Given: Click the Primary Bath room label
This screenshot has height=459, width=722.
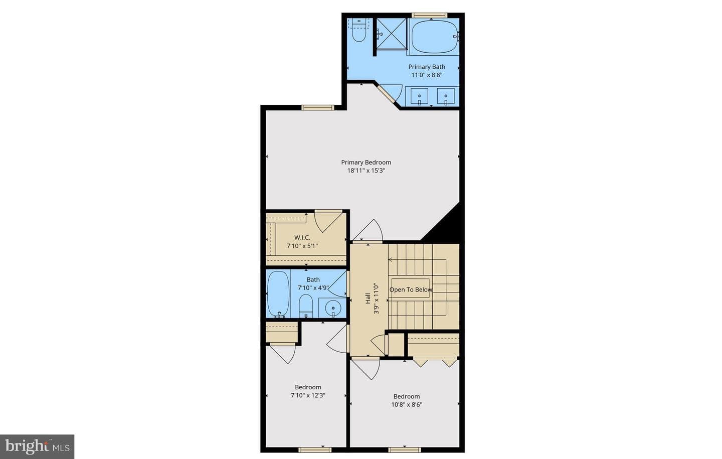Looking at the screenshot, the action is click(x=426, y=67).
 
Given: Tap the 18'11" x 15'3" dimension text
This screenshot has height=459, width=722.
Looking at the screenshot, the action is click(x=366, y=171).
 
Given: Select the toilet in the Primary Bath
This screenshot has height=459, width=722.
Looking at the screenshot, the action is click(x=359, y=30).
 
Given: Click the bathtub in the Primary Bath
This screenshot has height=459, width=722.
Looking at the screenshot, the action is click(x=434, y=37).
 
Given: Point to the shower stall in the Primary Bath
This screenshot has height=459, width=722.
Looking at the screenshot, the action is click(x=392, y=34).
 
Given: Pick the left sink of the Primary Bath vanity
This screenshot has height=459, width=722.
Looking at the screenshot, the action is click(x=419, y=96).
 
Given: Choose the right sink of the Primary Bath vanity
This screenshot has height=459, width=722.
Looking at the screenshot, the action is click(x=446, y=96).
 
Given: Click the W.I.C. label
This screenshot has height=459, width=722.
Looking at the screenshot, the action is click(x=302, y=238).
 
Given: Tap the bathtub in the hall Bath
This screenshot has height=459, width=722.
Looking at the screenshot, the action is click(x=278, y=294).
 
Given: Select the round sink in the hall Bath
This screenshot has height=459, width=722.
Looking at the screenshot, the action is click(x=332, y=309).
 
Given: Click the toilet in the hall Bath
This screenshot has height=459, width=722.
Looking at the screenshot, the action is click(x=306, y=306).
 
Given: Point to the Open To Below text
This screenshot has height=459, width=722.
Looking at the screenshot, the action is click(x=411, y=289).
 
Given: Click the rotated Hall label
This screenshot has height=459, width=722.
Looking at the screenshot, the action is click(x=368, y=298).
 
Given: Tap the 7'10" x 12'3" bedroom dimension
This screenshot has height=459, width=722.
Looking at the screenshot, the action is click(x=308, y=395).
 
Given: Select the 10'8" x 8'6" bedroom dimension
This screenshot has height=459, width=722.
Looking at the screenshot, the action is click(x=407, y=405).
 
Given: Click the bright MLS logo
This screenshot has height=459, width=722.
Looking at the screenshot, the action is click(x=38, y=447).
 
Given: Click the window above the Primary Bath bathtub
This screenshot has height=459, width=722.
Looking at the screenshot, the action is click(x=429, y=15).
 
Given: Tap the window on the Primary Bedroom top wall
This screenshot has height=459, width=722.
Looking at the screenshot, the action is click(x=318, y=107).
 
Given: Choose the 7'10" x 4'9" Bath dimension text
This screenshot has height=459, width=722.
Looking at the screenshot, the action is click(x=313, y=288).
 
